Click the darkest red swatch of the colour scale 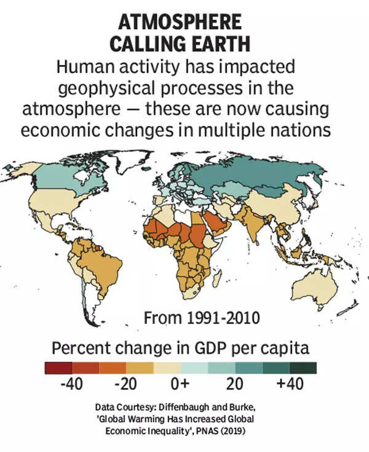(x=58, y=368)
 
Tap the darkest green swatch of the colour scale (x=303, y=368)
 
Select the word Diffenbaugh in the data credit (x=186, y=407)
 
